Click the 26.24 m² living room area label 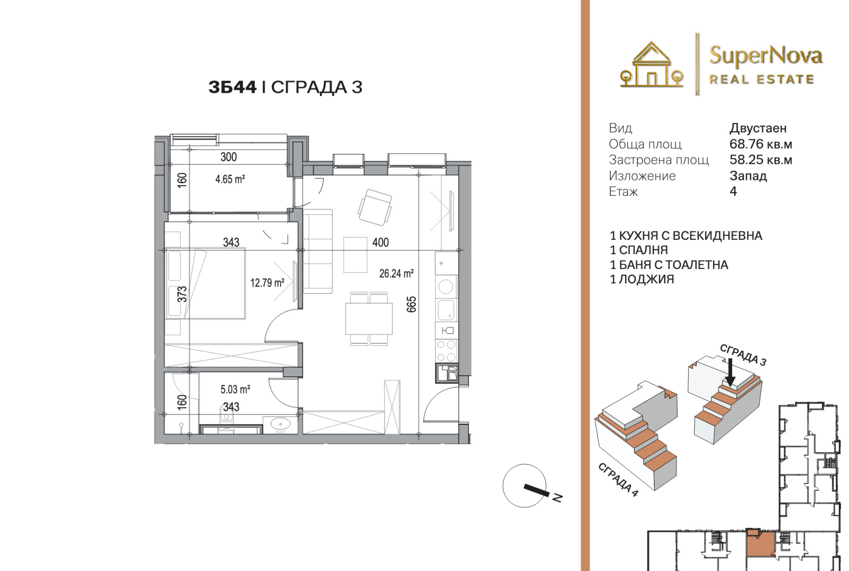396,273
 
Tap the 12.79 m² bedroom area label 267,282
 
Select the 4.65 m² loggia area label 230,179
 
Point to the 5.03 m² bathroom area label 235,390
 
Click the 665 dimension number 411,304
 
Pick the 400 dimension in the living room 380,243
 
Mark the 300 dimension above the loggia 229,157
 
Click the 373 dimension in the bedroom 183,294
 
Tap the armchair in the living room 375,207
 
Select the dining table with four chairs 369,318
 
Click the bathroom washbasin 281,425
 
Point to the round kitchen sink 446,287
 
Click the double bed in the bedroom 205,283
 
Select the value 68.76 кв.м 761,144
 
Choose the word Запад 748,176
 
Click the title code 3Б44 232,87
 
